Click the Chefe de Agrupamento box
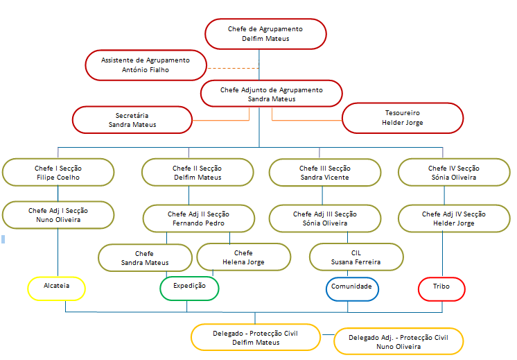click(265, 34)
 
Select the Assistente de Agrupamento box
click(146, 65)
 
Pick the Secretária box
click(132, 120)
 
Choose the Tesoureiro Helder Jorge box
click(403, 118)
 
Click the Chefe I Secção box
click(58, 173)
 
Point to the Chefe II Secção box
click(198, 173)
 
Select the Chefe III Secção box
click(325, 173)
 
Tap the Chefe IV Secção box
click(454, 173)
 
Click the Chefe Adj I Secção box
click(58, 215)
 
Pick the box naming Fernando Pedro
click(198, 218)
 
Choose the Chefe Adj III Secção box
click(325, 218)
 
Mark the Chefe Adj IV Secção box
click(454, 218)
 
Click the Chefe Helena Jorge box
click(243, 257)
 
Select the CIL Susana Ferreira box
click(356, 257)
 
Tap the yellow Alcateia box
click(57, 288)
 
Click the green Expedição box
click(189, 288)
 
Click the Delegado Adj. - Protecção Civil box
click(398, 341)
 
